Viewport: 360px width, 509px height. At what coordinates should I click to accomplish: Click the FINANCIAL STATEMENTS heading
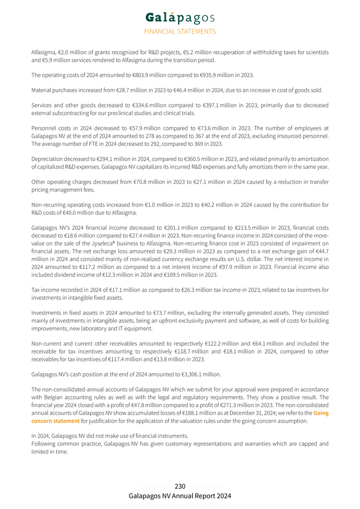pyautogui.click(x=180, y=31)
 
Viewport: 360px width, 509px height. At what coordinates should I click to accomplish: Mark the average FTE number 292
pyautogui.click(x=152, y=143)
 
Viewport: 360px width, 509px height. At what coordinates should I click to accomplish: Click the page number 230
pyautogui.click(x=180, y=486)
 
